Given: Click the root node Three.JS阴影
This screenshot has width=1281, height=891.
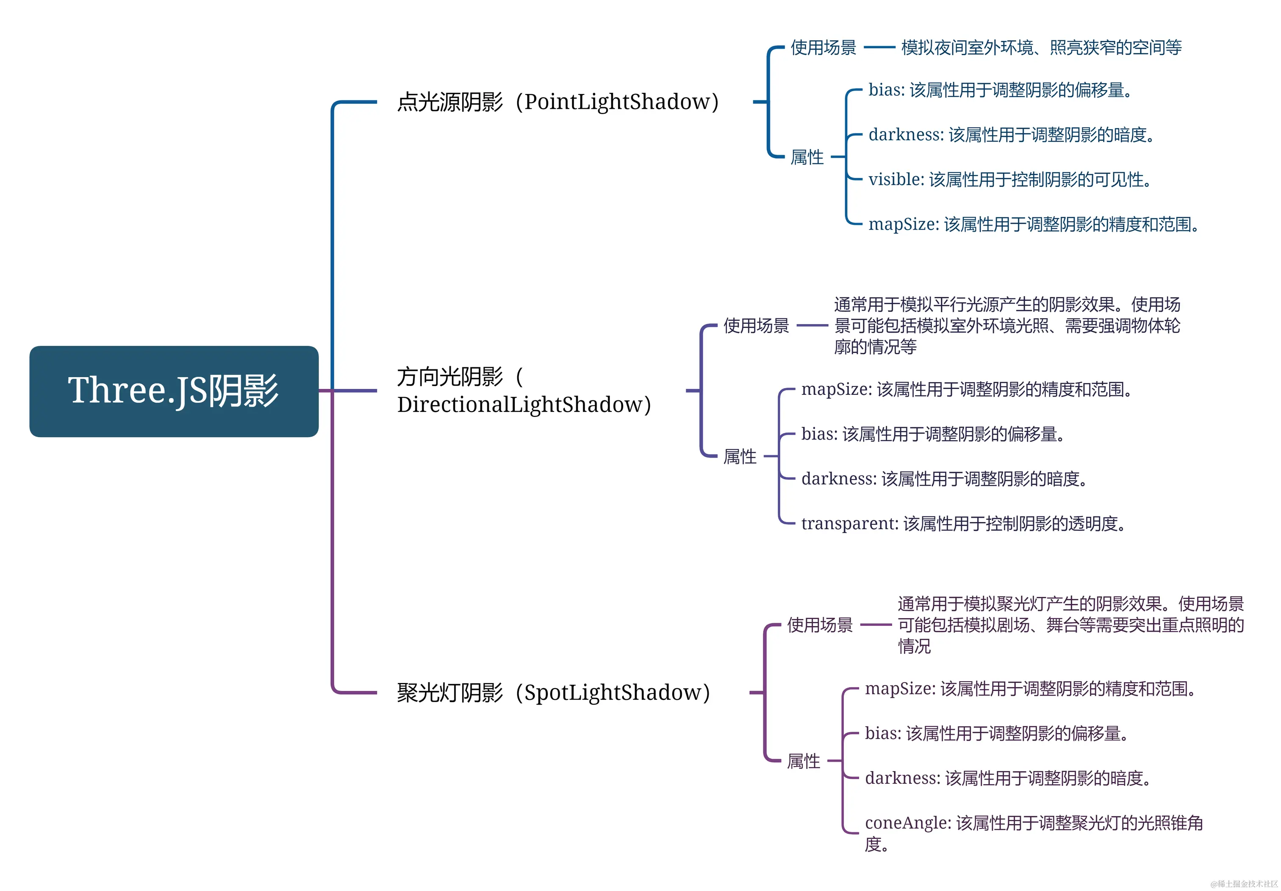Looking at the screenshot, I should click(174, 391).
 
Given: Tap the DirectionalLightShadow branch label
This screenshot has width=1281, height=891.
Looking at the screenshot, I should click(523, 391).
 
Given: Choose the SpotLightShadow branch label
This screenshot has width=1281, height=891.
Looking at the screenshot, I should click(553, 692).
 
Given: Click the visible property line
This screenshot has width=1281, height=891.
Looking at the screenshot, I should click(1009, 180).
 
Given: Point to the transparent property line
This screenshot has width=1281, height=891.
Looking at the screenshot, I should click(963, 523).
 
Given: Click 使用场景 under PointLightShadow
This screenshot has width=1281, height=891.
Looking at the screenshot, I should click(823, 48).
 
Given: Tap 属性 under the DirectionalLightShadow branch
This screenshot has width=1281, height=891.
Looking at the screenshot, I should click(740, 456).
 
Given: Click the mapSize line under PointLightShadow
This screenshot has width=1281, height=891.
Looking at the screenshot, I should click(1033, 224).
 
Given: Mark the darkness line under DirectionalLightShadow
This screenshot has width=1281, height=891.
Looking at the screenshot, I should click(943, 479).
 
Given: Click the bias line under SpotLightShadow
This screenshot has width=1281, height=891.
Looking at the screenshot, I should click(996, 733).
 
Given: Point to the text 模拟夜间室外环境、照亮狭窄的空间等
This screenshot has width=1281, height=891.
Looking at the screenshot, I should click(1041, 48).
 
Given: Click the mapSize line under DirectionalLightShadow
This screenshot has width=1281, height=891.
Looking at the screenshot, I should click(966, 389).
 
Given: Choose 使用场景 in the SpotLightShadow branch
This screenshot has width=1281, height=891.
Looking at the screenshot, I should click(820, 625).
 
